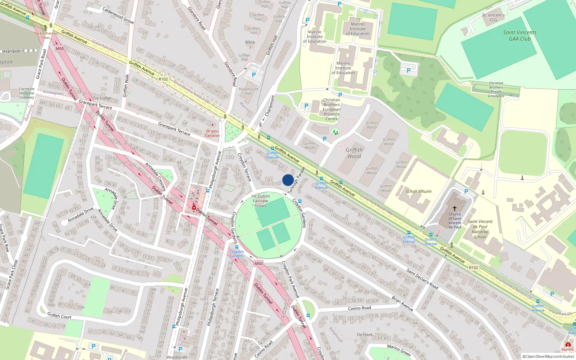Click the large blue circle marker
point(288,180)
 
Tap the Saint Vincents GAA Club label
point(519,35)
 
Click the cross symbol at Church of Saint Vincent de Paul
point(454,208)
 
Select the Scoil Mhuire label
point(418,191)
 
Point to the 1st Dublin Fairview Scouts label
point(261,201)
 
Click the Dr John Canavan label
point(212,133)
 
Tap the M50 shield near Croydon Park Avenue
point(258,264)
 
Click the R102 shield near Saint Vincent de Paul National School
point(473,267)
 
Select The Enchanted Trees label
point(45,35)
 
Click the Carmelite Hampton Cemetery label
point(27,93)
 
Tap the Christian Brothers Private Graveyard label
point(496,89)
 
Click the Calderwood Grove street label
point(118,15)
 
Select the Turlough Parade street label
point(296,180)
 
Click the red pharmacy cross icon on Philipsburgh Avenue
point(194,208)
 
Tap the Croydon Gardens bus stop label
point(237,253)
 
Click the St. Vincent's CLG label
point(493,17)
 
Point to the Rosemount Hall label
point(248,91)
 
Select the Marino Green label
point(399,350)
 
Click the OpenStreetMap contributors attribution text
point(548,356)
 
